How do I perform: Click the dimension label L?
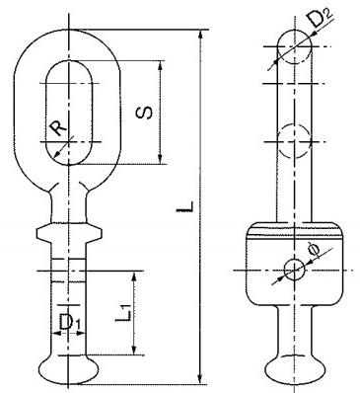[184, 205]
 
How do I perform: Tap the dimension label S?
[144, 113]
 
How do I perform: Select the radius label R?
[58, 128]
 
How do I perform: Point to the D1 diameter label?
[69, 322]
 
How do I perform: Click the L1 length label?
[124, 313]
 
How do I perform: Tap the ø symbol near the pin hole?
[313, 250]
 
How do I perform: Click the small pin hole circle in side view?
[295, 270]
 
